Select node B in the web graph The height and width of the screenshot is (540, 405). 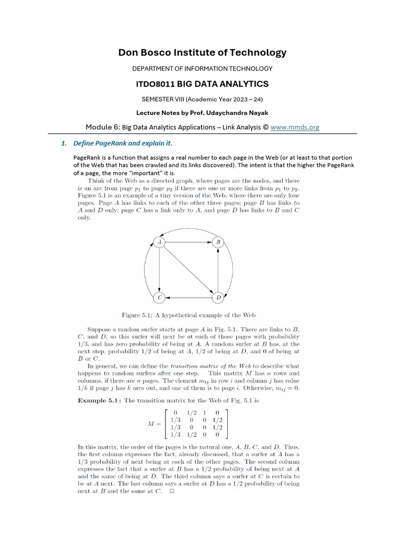[x=218, y=242]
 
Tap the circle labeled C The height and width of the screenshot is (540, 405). [x=159, y=298]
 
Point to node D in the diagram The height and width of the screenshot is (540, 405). [x=218, y=298]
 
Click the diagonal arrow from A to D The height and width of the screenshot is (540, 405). [x=189, y=270]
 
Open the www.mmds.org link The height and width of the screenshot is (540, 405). [x=295, y=127]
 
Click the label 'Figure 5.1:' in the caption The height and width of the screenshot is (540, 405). [x=139, y=315]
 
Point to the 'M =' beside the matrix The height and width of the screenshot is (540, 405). [x=155, y=423]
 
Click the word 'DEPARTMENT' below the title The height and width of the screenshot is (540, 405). [x=154, y=69]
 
